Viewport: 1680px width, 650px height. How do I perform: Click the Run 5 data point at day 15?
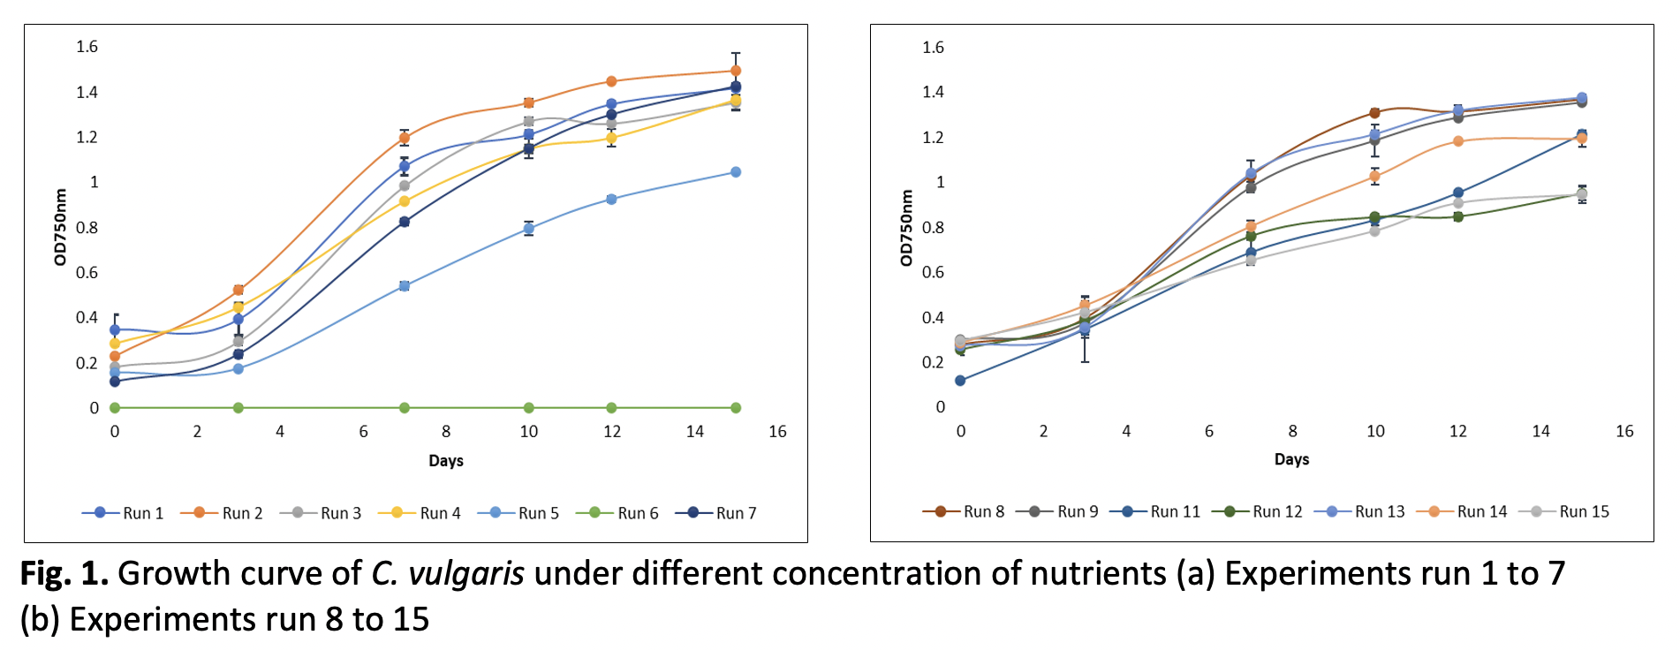click(736, 172)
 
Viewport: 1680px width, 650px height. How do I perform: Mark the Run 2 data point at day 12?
click(611, 81)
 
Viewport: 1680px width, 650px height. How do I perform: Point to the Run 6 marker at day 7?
click(405, 408)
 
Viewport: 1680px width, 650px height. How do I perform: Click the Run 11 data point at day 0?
click(960, 381)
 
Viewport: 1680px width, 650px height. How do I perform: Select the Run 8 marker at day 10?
click(1374, 113)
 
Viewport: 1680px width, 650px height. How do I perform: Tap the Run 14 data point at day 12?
click(1458, 141)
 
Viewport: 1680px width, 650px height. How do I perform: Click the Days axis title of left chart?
click(446, 461)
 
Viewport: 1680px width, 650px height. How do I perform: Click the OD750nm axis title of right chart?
click(906, 228)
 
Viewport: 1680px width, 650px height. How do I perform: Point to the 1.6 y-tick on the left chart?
click(87, 47)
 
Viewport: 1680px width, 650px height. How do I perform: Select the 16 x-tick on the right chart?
click(1624, 431)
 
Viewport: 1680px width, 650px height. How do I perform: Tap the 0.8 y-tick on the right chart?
click(934, 228)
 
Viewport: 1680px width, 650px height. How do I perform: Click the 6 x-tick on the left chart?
click(363, 432)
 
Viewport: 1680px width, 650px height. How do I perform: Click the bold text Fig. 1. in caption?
click(64, 574)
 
